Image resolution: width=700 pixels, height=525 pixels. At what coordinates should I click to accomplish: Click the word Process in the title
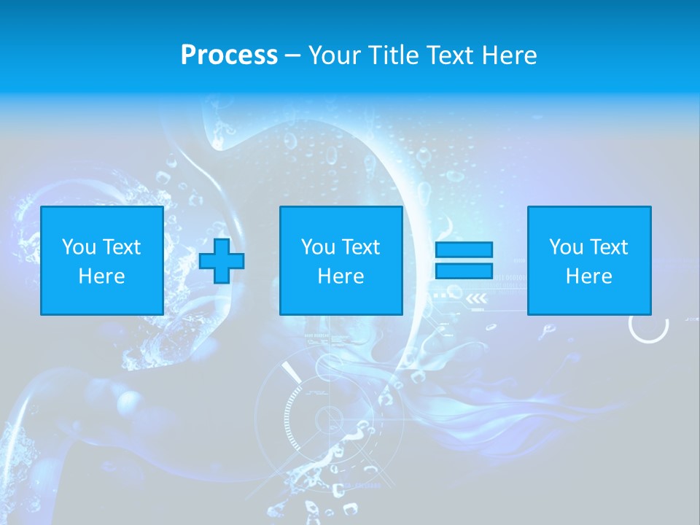click(x=229, y=55)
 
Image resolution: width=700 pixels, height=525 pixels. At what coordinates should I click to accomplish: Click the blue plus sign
click(x=222, y=260)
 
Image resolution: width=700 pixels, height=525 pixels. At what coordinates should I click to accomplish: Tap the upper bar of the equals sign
click(x=464, y=250)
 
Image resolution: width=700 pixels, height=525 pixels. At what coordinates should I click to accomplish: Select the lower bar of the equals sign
click(x=464, y=271)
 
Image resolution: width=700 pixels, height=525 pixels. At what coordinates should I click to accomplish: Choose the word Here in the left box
click(x=101, y=276)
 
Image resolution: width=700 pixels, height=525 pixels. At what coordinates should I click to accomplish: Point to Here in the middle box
click(x=341, y=276)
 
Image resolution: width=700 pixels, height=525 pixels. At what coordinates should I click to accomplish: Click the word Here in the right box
click(x=588, y=276)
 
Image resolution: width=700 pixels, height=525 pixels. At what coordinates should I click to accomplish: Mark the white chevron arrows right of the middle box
click(x=476, y=297)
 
